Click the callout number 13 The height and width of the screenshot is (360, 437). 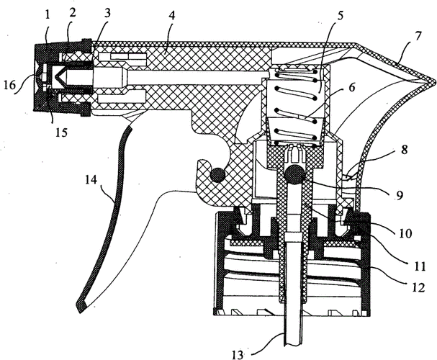coord(240,353)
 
